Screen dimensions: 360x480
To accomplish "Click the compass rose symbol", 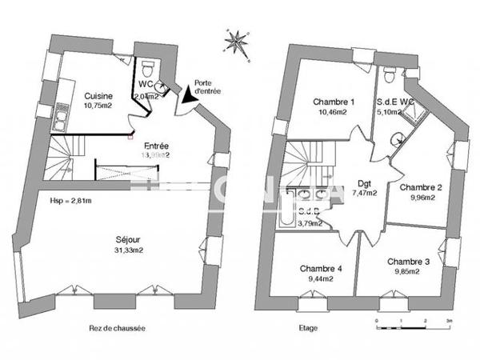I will (237, 41).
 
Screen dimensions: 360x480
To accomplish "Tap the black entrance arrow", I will (188, 94).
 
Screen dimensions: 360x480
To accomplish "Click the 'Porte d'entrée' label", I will (205, 86).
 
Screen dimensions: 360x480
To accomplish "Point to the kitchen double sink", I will (61, 122).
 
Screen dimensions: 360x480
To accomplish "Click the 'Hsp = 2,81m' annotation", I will (70, 201).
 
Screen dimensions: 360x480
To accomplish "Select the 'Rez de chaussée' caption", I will (117, 328).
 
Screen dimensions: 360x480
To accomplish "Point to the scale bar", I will (412, 322).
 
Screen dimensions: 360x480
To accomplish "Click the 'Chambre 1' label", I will (334, 102).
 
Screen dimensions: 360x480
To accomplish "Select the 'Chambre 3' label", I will (408, 262).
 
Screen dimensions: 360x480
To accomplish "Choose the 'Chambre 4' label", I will (321, 270).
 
